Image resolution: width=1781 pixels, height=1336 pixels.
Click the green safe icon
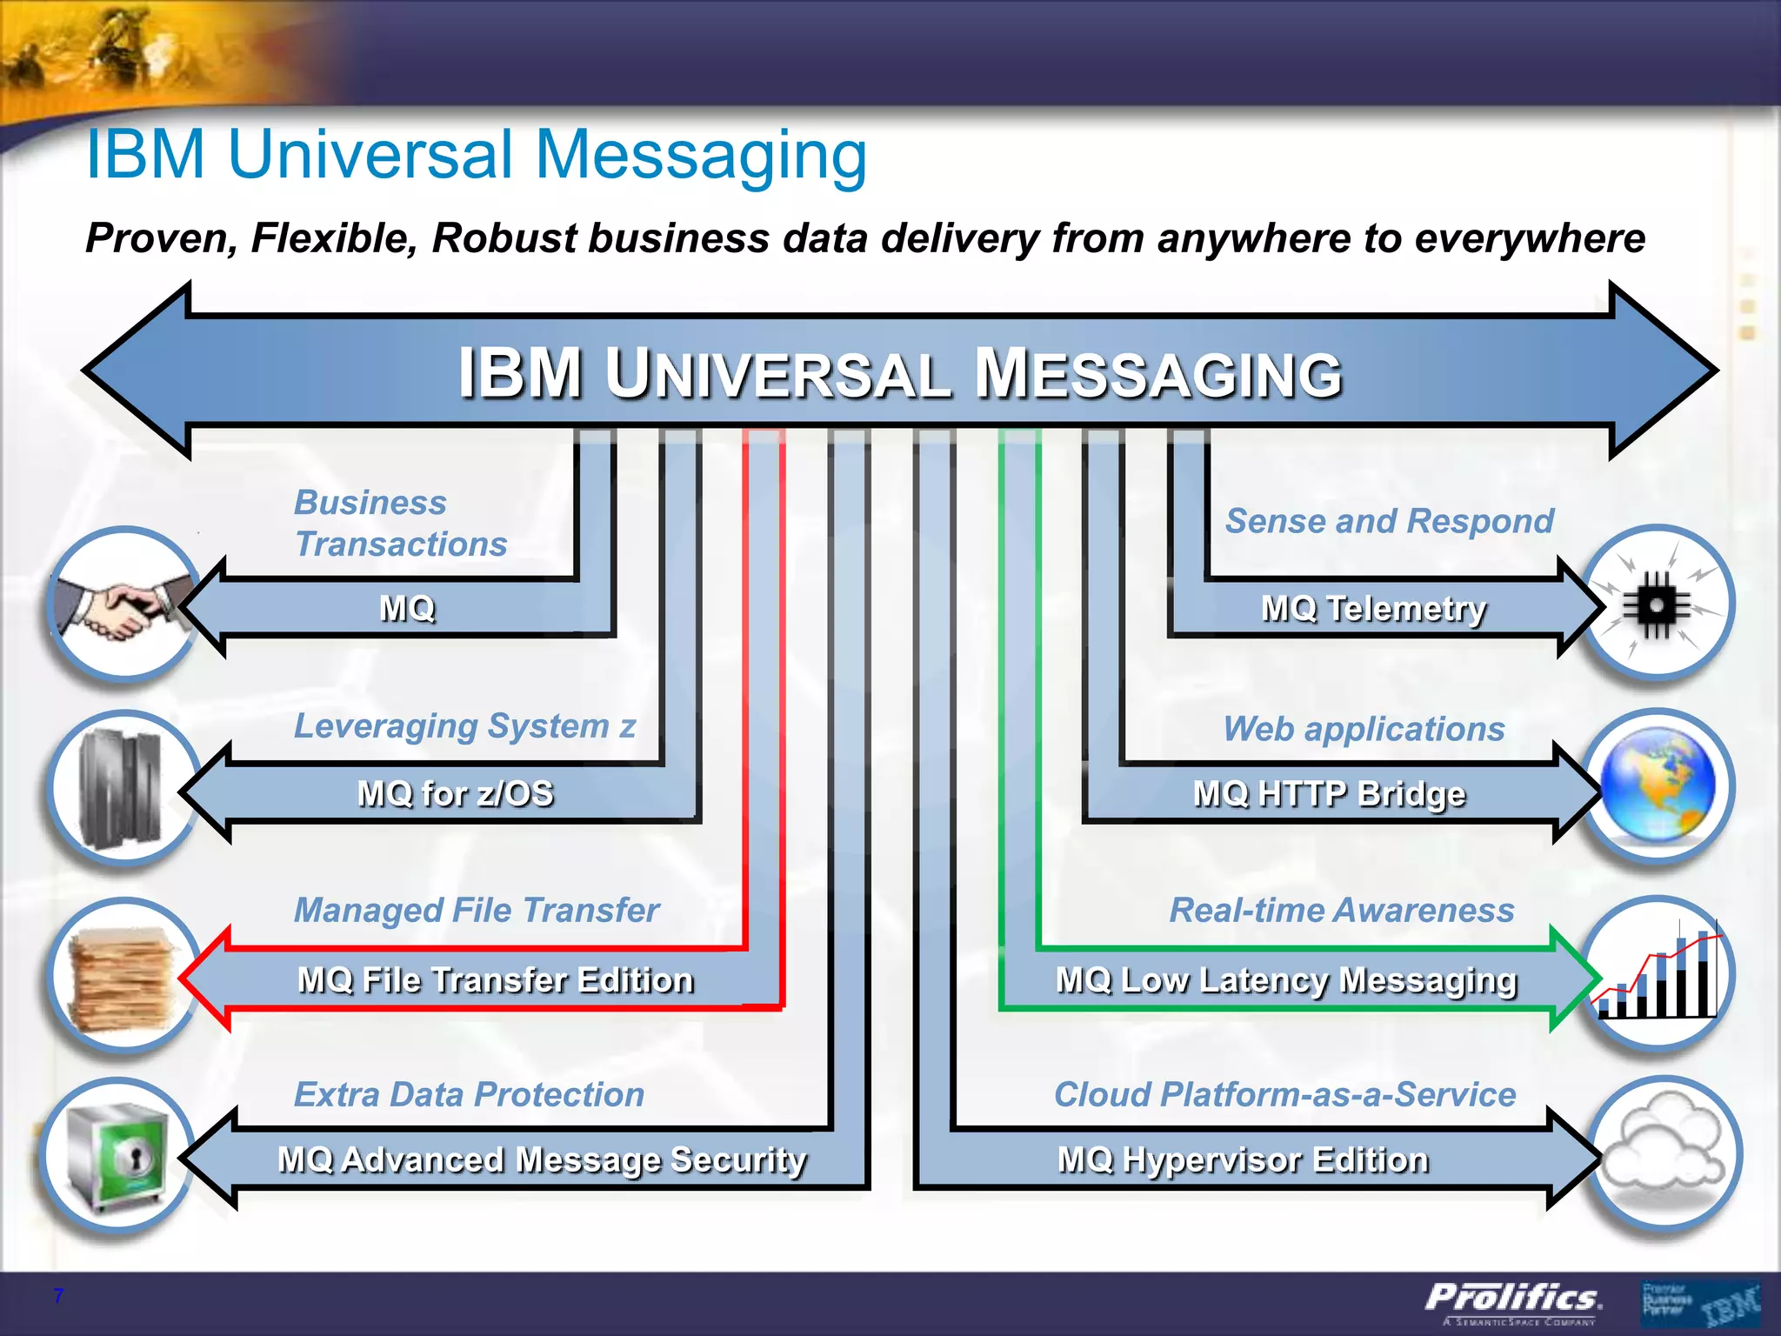click(117, 1157)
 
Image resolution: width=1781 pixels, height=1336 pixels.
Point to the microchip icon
click(1658, 605)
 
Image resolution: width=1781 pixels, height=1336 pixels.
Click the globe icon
click(1658, 787)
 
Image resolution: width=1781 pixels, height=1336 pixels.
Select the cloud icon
click(1663, 1152)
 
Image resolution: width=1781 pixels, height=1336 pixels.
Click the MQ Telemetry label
click(1373, 608)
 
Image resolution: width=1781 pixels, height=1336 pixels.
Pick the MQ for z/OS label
click(456, 793)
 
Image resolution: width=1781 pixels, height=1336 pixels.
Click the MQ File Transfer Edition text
click(496, 980)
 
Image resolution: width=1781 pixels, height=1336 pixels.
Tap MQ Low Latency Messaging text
click(1286, 980)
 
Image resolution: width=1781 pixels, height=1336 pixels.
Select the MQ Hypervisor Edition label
click(1243, 1160)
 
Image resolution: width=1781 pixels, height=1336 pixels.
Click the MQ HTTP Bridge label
click(1329, 793)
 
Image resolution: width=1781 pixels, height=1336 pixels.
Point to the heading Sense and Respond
click(1389, 521)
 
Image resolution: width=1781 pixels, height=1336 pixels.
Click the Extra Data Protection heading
click(469, 1094)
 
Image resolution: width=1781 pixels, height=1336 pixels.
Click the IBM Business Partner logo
click(1699, 1303)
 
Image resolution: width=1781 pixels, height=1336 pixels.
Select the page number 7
click(58, 1296)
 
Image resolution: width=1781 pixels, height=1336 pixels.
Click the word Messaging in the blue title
click(701, 155)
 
